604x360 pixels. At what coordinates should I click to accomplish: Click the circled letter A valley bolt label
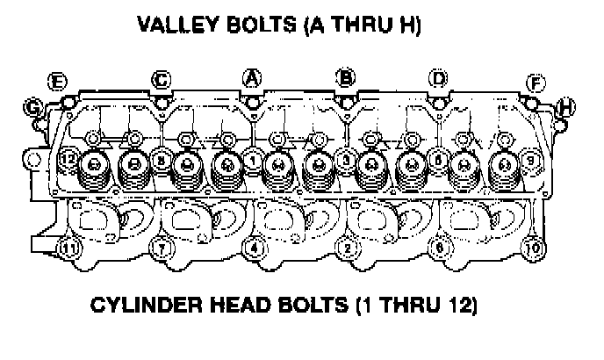[252, 78]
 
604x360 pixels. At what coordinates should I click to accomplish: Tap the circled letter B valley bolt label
[347, 78]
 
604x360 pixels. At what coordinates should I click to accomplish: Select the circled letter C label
[161, 80]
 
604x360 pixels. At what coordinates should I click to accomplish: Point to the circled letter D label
[438, 79]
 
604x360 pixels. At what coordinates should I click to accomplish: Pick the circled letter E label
[58, 83]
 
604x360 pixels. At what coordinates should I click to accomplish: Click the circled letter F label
[535, 83]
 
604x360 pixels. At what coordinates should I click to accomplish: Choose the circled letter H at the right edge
[566, 107]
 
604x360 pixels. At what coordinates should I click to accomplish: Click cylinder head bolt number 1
[253, 162]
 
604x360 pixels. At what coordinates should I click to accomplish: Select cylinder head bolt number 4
[254, 248]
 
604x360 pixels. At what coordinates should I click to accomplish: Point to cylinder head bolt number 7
[160, 248]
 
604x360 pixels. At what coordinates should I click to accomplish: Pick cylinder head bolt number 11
[67, 248]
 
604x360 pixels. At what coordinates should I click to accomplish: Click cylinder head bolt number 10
[531, 248]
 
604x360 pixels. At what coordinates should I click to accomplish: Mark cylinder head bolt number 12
[67, 161]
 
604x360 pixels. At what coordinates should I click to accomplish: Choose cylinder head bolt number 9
[530, 161]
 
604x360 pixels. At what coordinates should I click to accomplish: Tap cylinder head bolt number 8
[160, 162]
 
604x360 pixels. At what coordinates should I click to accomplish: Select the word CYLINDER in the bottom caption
[145, 307]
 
